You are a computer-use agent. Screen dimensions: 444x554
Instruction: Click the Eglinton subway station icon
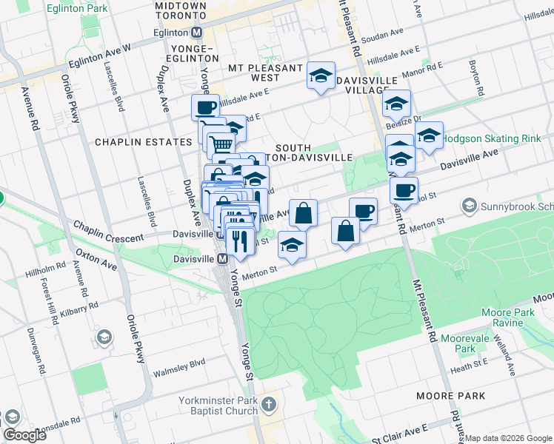tap(197, 33)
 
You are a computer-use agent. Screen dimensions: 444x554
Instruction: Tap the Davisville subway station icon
tap(221, 258)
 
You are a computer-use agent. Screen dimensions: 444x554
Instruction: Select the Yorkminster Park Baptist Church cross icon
tap(268, 405)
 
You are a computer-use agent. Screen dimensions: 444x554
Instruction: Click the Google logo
tap(24, 434)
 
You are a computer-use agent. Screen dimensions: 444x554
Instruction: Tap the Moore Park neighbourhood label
tap(451, 396)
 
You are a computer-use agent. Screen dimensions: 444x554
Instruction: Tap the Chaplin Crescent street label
tap(108, 238)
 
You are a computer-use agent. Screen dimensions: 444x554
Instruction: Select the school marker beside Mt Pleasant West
tap(321, 75)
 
